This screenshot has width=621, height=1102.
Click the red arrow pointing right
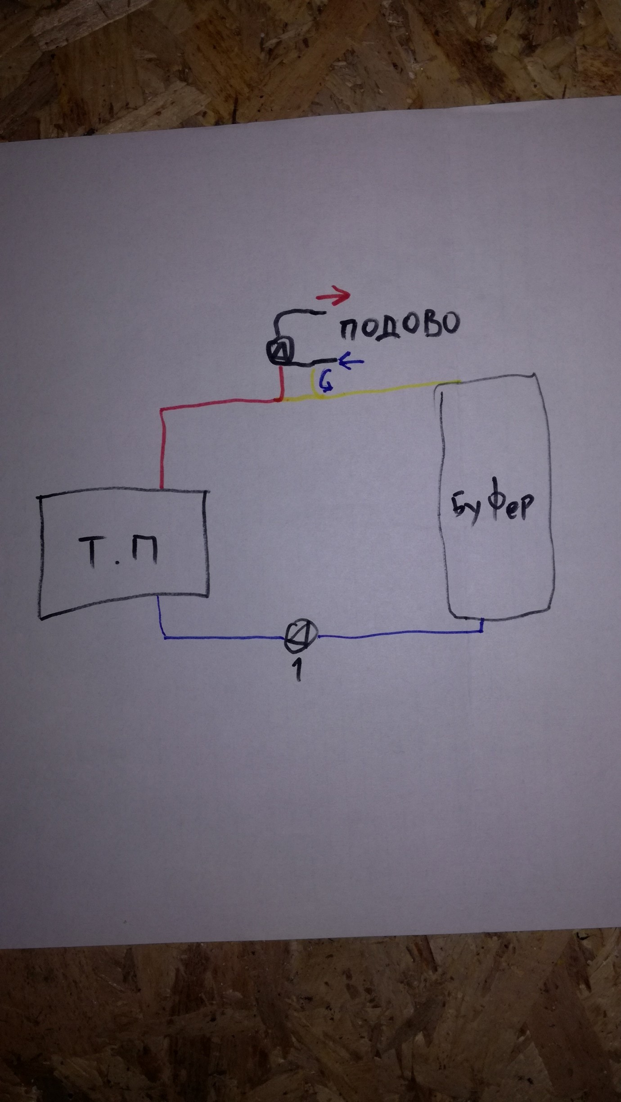tap(333, 295)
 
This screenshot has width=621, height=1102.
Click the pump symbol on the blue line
tap(301, 635)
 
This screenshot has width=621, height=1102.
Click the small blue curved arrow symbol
tap(325, 384)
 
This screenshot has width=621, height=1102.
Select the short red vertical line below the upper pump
tap(281, 382)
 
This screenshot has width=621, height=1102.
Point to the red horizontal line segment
tap(220, 403)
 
